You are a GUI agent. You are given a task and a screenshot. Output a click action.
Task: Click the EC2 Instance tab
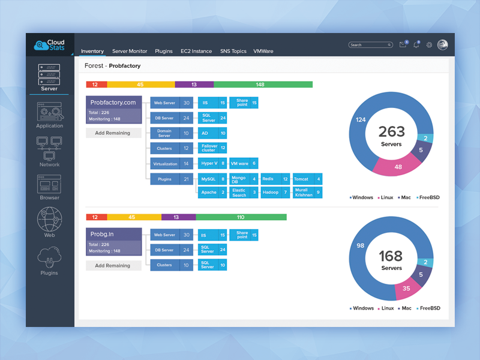pos(196,52)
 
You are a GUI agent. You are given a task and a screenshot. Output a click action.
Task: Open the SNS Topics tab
pos(233,52)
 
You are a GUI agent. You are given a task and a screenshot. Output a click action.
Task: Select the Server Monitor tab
pos(130,52)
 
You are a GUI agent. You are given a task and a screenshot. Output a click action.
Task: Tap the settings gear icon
pos(429,45)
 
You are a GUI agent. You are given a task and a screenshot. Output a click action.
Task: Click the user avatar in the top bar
pos(443,45)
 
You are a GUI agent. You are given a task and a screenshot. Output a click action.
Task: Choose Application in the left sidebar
pos(49,114)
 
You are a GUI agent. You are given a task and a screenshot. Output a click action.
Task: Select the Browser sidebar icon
pos(49,187)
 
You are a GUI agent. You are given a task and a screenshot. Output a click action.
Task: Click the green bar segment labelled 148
pos(263,85)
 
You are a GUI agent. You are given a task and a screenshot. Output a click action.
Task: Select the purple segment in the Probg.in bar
pos(178,217)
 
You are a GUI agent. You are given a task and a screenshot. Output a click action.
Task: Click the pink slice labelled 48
pos(395,166)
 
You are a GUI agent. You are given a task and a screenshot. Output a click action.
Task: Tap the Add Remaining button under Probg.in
pos(113,266)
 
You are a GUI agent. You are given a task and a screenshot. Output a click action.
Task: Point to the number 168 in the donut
pos(391,256)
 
